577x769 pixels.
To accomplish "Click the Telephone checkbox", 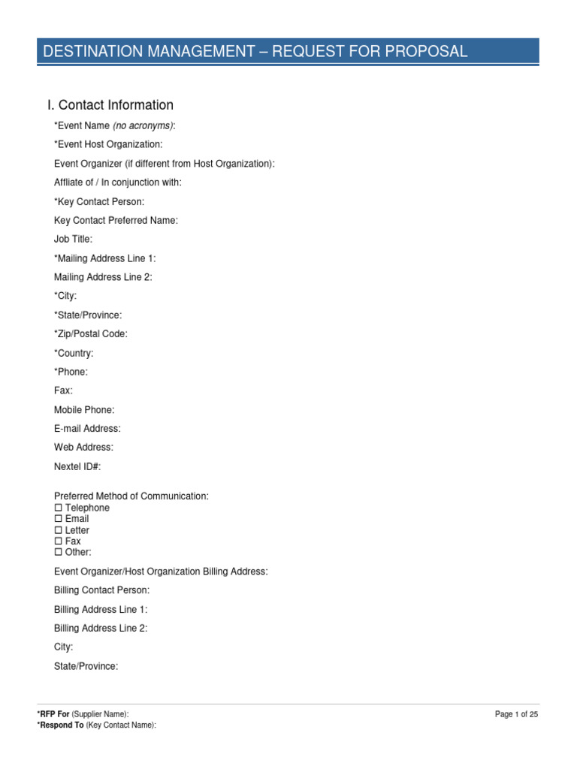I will coord(58,508).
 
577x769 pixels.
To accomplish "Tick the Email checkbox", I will coord(58,519).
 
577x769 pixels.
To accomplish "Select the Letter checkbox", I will coord(58,530).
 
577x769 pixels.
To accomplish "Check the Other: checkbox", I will coord(58,552).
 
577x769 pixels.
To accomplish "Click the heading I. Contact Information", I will coord(110,105).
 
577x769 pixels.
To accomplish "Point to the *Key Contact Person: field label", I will coord(99,201).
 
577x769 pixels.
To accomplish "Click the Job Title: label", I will coord(74,239).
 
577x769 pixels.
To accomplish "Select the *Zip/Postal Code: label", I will coord(91,333).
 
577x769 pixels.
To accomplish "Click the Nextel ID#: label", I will coord(77,466).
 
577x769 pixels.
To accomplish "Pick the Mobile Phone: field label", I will coord(84,409).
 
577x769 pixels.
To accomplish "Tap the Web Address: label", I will coord(83,447).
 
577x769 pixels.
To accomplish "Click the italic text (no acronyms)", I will coord(143,125).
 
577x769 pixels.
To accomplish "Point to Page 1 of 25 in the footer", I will coord(516,714).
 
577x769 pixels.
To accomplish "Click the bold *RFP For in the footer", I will coord(53,714).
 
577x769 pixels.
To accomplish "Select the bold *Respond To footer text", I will coord(60,725).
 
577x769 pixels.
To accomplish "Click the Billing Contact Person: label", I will coord(101,590).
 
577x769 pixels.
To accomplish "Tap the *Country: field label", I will coord(74,353).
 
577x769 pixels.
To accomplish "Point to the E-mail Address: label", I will coord(87,428).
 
